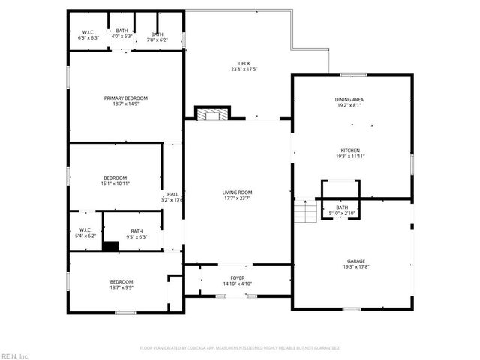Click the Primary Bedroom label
click(x=125, y=98)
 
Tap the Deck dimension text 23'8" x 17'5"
click(x=244, y=70)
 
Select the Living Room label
click(x=237, y=192)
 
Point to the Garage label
click(x=352, y=260)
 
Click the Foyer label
click(x=237, y=278)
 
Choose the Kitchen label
click(x=351, y=150)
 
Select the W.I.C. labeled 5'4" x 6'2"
click(x=85, y=232)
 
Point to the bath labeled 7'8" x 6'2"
click(x=157, y=35)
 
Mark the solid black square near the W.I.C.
click(x=111, y=245)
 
